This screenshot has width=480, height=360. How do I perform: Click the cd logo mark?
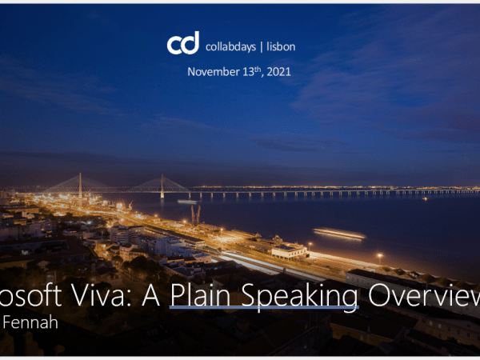pos(182,44)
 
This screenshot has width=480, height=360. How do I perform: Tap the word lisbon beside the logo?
pos(280,46)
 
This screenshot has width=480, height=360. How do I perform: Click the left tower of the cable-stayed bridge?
pos(79,185)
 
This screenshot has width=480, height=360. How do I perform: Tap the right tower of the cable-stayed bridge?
pos(162,186)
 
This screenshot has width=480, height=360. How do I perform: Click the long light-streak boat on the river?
pos(339,233)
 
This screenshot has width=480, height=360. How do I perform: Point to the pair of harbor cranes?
pos(195,214)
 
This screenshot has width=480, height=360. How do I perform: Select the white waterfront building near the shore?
pos(289,251)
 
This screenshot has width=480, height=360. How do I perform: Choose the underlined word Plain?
pos(201,298)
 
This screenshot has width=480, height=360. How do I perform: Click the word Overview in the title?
pos(423,298)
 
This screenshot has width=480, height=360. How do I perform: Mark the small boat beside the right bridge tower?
pos(186,201)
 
